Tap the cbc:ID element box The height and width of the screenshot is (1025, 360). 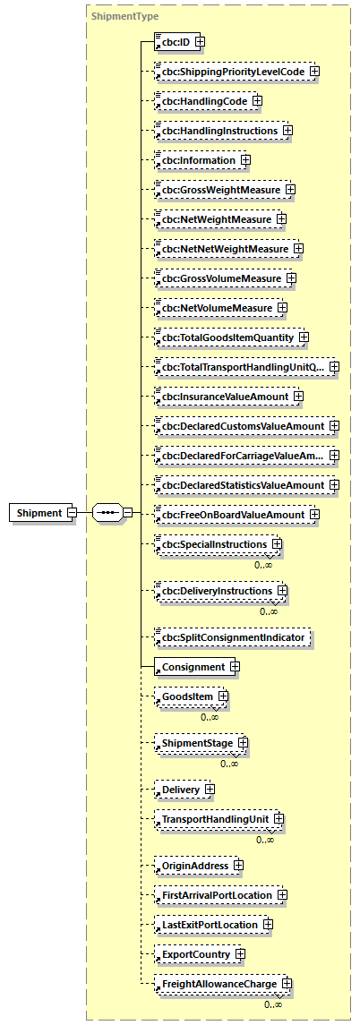175,41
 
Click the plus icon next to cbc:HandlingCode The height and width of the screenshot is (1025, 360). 257,101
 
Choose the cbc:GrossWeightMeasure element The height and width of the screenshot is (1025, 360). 219,190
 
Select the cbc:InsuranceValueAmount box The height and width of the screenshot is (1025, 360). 224,397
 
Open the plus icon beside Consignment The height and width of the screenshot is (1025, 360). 235,667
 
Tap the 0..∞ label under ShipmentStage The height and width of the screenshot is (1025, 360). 229,764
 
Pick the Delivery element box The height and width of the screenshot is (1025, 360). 181,790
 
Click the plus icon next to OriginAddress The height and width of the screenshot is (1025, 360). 238,866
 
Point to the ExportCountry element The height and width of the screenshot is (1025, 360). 196,954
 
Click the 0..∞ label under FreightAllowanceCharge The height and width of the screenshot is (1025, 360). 273,1005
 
